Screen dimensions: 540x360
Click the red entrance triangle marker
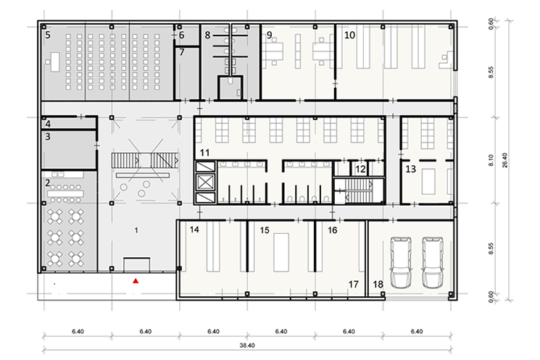[x=136, y=281]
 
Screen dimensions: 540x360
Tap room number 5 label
[x=48, y=35]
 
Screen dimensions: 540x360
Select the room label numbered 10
[x=349, y=35]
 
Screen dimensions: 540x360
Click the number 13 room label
[x=410, y=169]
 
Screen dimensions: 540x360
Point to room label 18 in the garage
[x=378, y=284]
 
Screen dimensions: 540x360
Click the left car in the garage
[x=401, y=262]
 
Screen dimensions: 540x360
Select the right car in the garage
[x=433, y=262]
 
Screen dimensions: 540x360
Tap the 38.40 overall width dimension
[x=247, y=346]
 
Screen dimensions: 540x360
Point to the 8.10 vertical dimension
[x=491, y=160]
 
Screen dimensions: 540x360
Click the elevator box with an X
[x=205, y=181]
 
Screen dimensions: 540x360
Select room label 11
[x=204, y=152]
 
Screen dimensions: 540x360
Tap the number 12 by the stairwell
[x=360, y=169]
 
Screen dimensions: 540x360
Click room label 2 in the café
[x=48, y=183]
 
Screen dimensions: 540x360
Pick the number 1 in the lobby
[x=136, y=230]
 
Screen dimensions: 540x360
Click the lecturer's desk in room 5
[x=54, y=62]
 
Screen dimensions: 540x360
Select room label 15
[x=265, y=230]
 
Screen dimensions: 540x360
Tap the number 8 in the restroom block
[x=207, y=35]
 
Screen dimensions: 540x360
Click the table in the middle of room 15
[x=281, y=252]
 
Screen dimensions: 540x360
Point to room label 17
[x=353, y=284]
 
